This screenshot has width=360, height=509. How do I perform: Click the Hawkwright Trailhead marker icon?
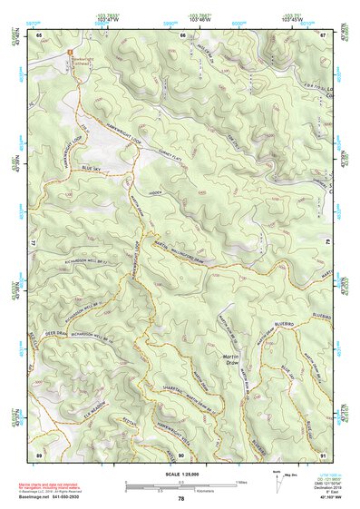[69, 52]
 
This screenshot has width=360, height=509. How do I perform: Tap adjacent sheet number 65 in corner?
[39, 35]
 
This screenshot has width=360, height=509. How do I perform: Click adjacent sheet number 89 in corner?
[39, 453]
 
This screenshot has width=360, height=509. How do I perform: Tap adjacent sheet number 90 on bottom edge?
[180, 453]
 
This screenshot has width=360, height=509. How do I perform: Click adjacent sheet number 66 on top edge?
[181, 35]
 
